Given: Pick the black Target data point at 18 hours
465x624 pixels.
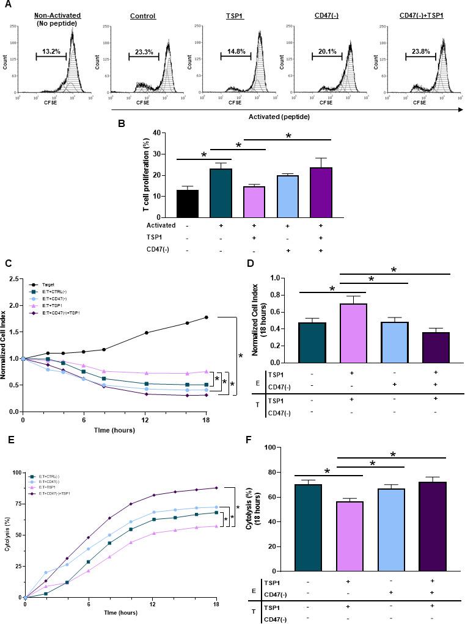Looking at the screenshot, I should [207, 317].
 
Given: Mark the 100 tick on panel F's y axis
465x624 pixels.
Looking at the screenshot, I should [285, 448].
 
